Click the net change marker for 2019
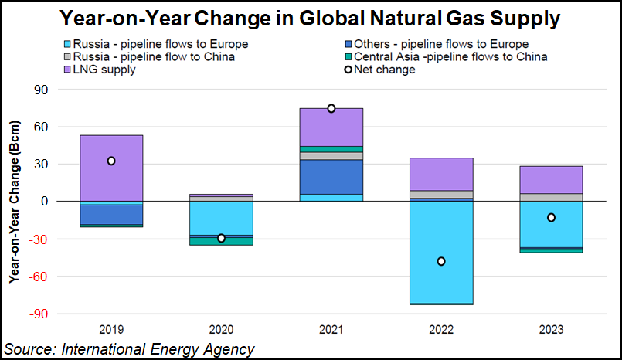pos(111,161)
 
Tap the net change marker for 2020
pos(221,238)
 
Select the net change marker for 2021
pos(331,108)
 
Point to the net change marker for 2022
pos(441,261)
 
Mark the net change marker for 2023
pos(551,218)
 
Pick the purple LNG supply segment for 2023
pos(551,179)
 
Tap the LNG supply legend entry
pos(100,69)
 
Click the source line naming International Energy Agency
pos(129,349)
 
